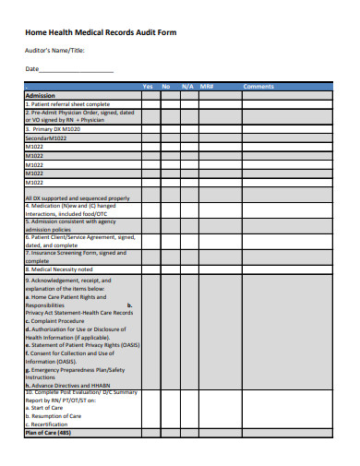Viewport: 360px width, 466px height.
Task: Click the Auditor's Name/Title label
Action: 54,51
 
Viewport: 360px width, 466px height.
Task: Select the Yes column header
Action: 148,87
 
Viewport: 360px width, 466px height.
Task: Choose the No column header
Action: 167,87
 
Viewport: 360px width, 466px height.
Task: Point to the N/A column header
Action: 187,87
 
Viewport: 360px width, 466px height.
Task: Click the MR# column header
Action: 207,87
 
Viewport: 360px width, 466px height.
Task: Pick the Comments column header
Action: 258,87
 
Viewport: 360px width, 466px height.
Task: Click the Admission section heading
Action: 41,95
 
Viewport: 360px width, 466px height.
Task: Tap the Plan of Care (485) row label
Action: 48,458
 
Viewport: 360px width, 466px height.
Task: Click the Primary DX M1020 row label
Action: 54,130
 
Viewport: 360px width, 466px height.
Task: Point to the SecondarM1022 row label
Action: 47,138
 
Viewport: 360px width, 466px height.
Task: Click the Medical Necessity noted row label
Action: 60,269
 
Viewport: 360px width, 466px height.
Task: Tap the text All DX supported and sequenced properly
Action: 78,198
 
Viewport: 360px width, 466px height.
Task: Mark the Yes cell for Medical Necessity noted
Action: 148,269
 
